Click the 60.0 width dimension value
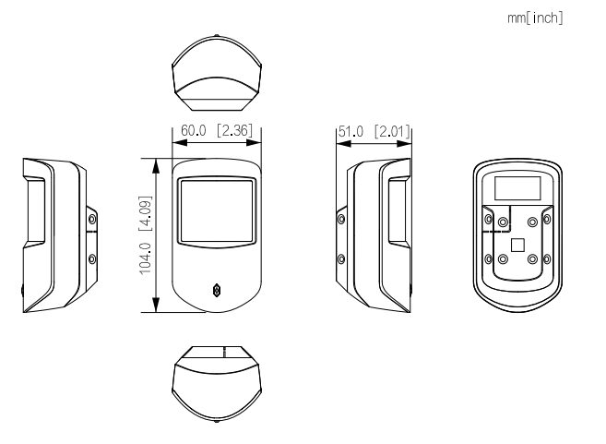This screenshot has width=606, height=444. [x=194, y=131]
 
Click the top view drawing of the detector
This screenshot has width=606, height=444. [x=218, y=70]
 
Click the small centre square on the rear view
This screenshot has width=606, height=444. [x=517, y=246]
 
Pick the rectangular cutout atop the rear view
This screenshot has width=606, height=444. [x=517, y=188]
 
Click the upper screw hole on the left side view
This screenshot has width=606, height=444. [x=90, y=219]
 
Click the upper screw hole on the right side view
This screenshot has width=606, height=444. [x=342, y=219]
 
